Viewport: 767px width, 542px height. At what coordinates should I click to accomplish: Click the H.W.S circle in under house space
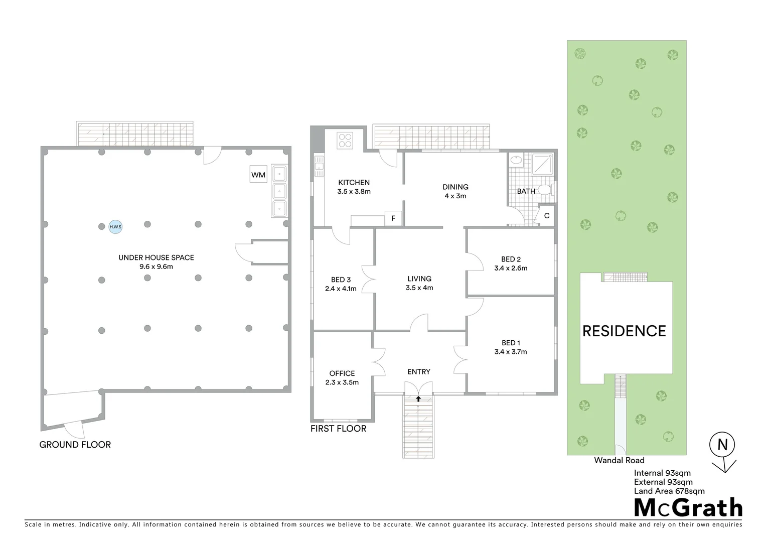[x=115, y=227]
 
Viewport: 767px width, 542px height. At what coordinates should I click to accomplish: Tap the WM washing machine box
[x=258, y=175]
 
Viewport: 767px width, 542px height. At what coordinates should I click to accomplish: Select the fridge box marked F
[x=393, y=218]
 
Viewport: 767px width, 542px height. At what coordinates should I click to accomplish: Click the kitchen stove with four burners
[x=345, y=140]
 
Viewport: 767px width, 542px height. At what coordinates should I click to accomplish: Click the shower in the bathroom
[x=543, y=164]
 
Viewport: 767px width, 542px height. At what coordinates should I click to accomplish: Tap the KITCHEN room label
[x=354, y=183]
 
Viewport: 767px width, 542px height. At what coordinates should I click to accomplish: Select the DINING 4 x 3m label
[x=455, y=191]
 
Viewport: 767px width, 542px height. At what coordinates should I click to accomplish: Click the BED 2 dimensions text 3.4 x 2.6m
[x=511, y=268]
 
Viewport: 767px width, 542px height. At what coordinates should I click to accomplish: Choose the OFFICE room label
[x=342, y=373]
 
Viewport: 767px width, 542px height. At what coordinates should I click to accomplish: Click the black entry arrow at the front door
[x=418, y=398]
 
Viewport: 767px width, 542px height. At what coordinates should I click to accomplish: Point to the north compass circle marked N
[x=722, y=445]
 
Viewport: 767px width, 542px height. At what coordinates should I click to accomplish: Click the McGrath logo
[x=688, y=508]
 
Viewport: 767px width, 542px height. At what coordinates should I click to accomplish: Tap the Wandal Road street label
[x=619, y=460]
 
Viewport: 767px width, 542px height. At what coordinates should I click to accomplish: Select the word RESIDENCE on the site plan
[x=624, y=331]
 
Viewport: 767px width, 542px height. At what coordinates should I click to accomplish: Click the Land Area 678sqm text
[x=669, y=491]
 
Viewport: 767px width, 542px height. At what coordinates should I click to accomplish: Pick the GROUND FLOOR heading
[x=75, y=445]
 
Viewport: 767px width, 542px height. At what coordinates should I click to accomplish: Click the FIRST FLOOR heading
[x=338, y=429]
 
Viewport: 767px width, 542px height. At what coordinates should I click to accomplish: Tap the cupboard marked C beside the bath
[x=546, y=216]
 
